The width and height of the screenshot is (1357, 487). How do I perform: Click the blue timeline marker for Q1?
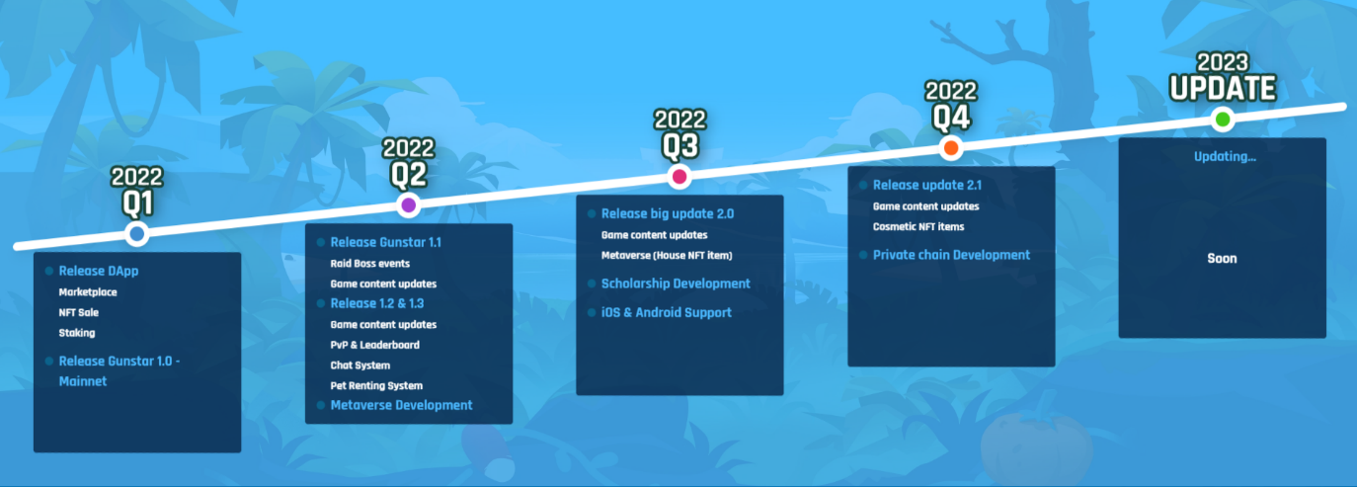click(x=137, y=234)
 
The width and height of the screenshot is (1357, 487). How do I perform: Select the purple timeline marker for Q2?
click(x=408, y=205)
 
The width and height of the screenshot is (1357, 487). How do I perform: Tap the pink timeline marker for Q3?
click(x=678, y=178)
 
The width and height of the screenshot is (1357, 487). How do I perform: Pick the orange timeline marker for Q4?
click(x=950, y=149)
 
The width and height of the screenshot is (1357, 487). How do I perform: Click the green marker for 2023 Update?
click(x=1222, y=121)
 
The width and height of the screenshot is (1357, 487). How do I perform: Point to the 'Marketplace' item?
click(x=88, y=292)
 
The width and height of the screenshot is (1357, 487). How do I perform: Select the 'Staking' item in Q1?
click(x=77, y=333)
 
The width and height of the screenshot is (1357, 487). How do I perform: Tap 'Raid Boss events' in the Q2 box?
click(x=369, y=264)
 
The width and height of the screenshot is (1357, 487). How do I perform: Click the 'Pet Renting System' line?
click(x=376, y=385)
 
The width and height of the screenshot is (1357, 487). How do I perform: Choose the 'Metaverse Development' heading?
click(x=401, y=405)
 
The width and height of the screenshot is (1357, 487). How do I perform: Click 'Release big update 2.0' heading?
click(x=668, y=213)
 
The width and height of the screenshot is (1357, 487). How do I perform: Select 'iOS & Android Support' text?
click(x=667, y=312)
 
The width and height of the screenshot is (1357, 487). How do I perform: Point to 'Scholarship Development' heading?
click(x=676, y=284)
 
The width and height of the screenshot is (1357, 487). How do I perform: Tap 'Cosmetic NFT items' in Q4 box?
click(x=918, y=227)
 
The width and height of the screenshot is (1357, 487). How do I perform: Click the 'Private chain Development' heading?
click(x=951, y=255)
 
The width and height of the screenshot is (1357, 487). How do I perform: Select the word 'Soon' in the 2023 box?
click(x=1222, y=259)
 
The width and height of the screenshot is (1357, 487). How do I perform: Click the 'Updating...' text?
click(x=1225, y=157)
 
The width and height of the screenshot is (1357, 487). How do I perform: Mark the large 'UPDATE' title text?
click(x=1223, y=89)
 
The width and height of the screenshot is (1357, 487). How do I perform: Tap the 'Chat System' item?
click(x=359, y=365)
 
